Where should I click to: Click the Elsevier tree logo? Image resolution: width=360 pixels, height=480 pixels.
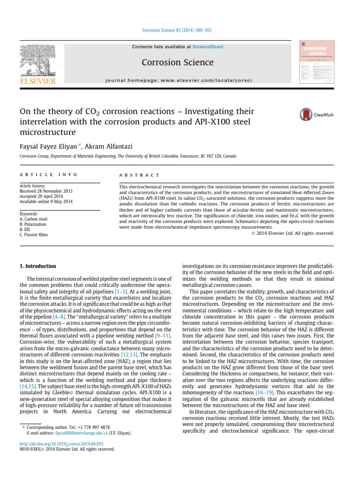point(37,60)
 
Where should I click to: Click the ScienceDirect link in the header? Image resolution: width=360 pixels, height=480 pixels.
point(207,47)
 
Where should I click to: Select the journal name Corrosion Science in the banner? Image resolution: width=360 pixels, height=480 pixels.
point(178,62)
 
